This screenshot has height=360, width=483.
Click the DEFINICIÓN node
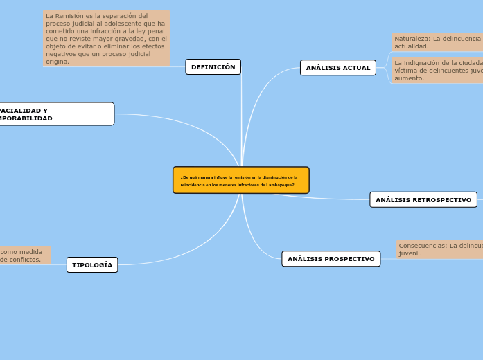coord(213,67)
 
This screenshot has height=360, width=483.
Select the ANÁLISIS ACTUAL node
coord(337,68)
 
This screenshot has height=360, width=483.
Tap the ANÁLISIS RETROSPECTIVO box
coord(423,200)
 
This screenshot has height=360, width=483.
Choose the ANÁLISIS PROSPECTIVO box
coord(331,259)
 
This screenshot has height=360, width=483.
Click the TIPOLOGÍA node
coord(92,265)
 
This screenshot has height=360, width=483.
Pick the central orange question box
coord(240,180)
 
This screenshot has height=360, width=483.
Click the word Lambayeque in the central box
coord(279,185)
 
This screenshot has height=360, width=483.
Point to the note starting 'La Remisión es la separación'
coord(106,38)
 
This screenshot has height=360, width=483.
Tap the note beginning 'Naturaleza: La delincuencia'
coord(437,42)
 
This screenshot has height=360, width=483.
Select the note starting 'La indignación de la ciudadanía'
coord(437,70)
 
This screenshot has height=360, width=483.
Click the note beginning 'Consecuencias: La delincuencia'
coord(440,249)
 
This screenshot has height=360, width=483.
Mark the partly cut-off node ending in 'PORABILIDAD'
coord(55,114)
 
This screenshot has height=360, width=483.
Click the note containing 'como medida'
coord(24,255)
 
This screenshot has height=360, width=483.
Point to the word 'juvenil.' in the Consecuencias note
coord(410,253)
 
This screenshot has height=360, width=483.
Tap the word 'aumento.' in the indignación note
coord(409,78)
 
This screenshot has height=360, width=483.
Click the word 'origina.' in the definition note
coord(58,62)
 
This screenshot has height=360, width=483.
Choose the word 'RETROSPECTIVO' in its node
coord(441,200)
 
